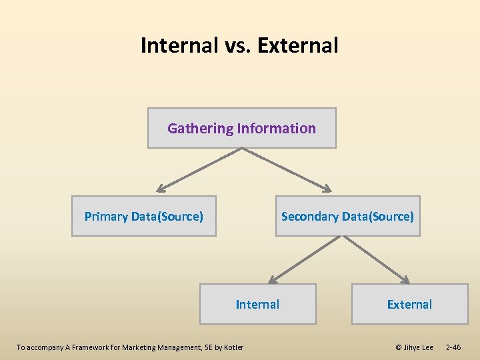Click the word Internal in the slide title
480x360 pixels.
[x=179, y=45]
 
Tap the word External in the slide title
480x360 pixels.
[x=297, y=45]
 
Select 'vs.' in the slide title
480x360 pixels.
[x=237, y=45]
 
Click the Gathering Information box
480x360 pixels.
[x=241, y=128]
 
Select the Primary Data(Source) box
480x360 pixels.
[x=144, y=216]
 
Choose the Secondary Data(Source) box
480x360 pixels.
[x=347, y=216]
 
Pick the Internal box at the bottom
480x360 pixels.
[x=258, y=304]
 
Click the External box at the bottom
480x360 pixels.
[x=409, y=304]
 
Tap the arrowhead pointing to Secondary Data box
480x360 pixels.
[x=327, y=188]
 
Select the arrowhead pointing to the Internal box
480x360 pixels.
[x=273, y=279]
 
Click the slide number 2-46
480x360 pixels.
[x=453, y=347]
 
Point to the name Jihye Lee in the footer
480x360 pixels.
[x=419, y=347]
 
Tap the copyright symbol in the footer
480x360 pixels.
[x=399, y=347]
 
